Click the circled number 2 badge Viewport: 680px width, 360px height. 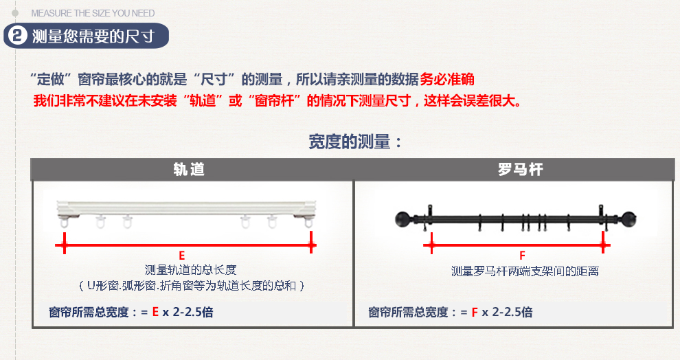[x=18, y=36]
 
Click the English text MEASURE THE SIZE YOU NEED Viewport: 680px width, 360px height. [x=93, y=14]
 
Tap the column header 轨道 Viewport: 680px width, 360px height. [x=189, y=169]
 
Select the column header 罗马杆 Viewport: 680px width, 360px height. [x=520, y=169]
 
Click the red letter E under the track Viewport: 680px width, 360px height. [x=182, y=256]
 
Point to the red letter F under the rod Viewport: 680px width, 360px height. [x=522, y=256]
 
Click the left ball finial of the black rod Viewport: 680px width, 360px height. [x=403, y=219]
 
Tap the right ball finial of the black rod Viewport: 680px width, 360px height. [x=628, y=219]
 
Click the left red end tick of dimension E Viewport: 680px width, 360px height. [x=64, y=243]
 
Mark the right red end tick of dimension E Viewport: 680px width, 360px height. [x=311, y=243]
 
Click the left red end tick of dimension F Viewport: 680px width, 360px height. [x=431, y=243]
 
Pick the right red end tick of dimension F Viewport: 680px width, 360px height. [x=603, y=243]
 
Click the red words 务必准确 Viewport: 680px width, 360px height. [x=447, y=80]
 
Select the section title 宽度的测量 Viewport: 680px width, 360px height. [x=349, y=142]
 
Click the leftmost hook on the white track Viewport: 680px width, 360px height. [x=64, y=223]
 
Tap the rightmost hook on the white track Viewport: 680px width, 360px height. [x=308, y=222]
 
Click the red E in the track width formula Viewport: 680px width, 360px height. [x=155, y=312]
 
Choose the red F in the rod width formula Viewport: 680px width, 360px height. [x=475, y=312]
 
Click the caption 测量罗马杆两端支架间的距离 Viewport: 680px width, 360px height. [x=525, y=271]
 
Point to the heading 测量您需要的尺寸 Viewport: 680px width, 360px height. [x=93, y=36]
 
